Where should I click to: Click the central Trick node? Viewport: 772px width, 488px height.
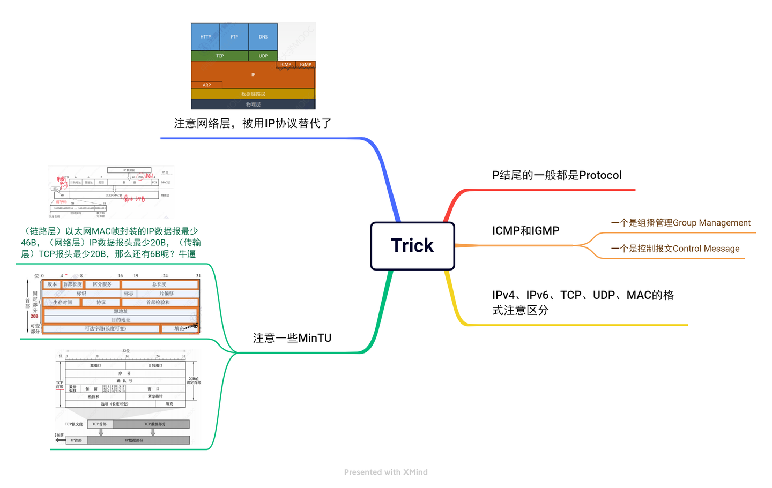click(x=412, y=245)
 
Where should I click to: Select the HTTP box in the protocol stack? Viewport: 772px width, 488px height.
click(x=205, y=37)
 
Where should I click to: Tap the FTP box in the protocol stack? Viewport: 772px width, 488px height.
click(x=234, y=37)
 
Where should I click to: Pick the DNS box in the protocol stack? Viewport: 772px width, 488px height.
click(x=263, y=37)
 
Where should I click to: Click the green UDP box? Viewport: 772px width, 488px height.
click(x=263, y=56)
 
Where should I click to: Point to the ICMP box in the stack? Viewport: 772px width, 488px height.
click(x=286, y=65)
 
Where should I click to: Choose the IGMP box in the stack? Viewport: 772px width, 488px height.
click(x=306, y=65)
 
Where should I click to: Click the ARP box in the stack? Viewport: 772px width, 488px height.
click(x=207, y=85)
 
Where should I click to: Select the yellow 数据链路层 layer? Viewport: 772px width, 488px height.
click(x=253, y=94)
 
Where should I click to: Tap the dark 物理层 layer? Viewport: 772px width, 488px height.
click(x=253, y=104)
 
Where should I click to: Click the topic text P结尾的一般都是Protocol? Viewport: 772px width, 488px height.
click(x=556, y=175)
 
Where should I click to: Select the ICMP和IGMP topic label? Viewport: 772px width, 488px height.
click(x=525, y=231)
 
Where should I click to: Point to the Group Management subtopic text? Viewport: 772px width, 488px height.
click(x=680, y=223)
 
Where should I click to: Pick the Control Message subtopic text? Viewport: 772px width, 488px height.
click(x=675, y=249)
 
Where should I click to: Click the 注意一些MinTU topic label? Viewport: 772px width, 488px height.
click(x=292, y=338)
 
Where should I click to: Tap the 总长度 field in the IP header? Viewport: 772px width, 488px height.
click(x=159, y=284)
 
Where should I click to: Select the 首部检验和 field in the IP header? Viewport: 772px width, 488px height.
click(x=158, y=302)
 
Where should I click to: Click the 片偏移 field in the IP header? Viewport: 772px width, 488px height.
click(x=167, y=294)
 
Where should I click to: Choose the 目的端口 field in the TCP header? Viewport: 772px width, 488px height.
click(x=155, y=365)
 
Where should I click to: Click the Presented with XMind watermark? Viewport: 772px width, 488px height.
click(x=386, y=472)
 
